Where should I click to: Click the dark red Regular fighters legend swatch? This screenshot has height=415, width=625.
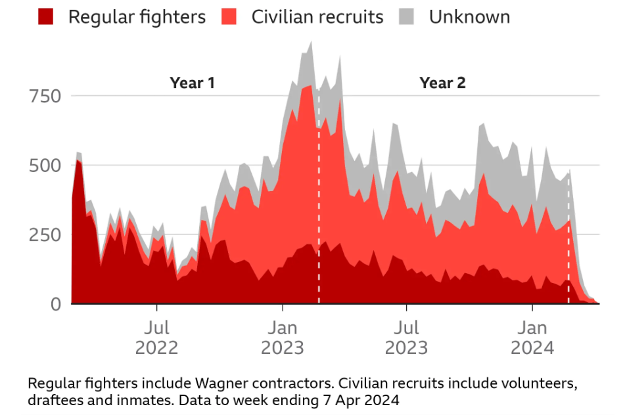(45, 16)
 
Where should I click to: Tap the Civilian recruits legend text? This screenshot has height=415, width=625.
(317, 16)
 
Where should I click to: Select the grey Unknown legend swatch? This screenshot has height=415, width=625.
(408, 16)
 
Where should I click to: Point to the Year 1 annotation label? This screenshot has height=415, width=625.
(192, 83)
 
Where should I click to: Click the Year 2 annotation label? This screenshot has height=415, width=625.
(442, 83)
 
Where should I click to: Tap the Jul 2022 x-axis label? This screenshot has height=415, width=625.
(157, 337)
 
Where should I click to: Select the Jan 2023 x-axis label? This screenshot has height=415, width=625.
(283, 337)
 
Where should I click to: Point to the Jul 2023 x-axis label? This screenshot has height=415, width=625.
(407, 337)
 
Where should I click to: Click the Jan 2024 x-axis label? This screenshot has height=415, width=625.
(533, 337)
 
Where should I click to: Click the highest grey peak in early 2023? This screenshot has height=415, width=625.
(310, 42)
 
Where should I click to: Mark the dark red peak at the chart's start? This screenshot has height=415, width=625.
(78, 160)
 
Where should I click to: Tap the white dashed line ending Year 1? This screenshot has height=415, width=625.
(319, 197)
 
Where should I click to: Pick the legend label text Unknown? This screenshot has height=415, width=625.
(469, 16)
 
